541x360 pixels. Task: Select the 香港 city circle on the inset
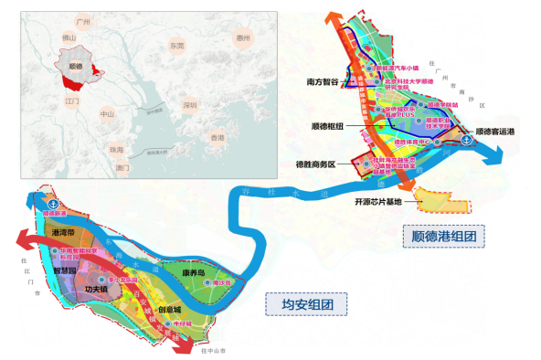tap(217, 137)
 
